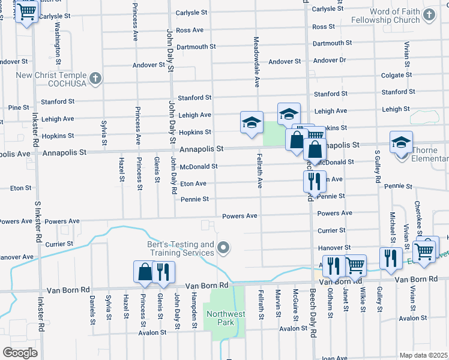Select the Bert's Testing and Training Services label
click(x=181, y=248)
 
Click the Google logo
click(x=20, y=353)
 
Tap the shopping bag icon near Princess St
click(x=145, y=272)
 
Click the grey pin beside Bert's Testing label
click(x=224, y=247)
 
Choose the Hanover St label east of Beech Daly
click(x=334, y=247)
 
